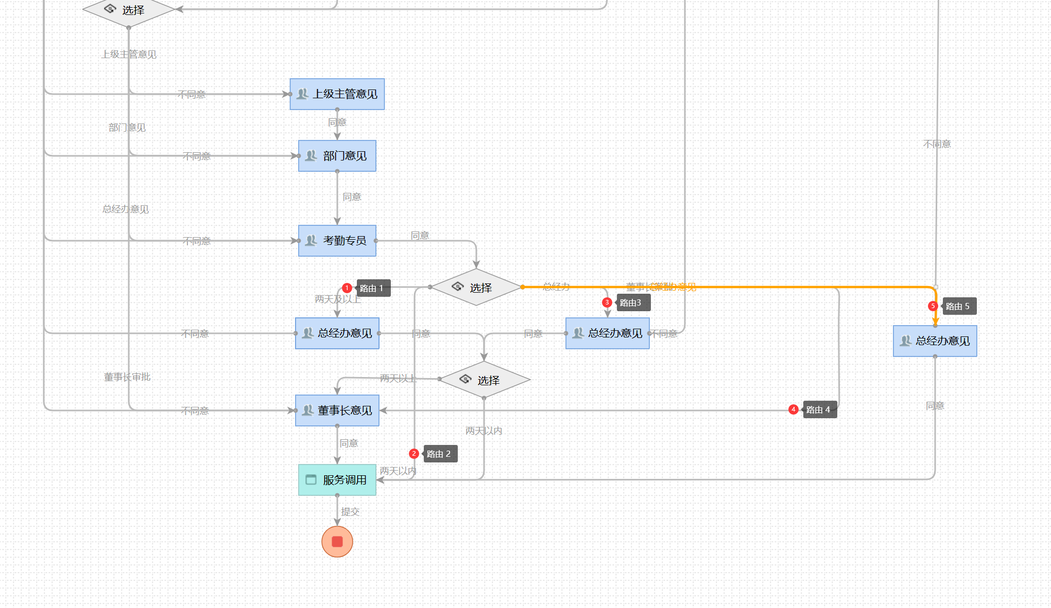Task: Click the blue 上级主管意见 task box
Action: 337,94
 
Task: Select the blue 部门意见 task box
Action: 337,156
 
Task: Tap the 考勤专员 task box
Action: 337,241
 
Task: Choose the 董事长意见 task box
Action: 337,410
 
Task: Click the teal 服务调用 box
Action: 337,480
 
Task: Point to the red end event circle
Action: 337,541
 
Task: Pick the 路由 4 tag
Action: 819,409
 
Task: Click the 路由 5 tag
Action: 959,306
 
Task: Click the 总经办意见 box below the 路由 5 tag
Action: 935,341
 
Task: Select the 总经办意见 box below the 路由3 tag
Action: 607,333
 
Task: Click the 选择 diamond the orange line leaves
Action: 476,287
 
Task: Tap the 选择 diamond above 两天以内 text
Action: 484,380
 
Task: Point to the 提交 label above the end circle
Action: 350,512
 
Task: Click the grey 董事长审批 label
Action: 127,377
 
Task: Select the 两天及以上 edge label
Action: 338,299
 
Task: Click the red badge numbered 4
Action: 794,409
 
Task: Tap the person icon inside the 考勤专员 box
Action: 311,240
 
